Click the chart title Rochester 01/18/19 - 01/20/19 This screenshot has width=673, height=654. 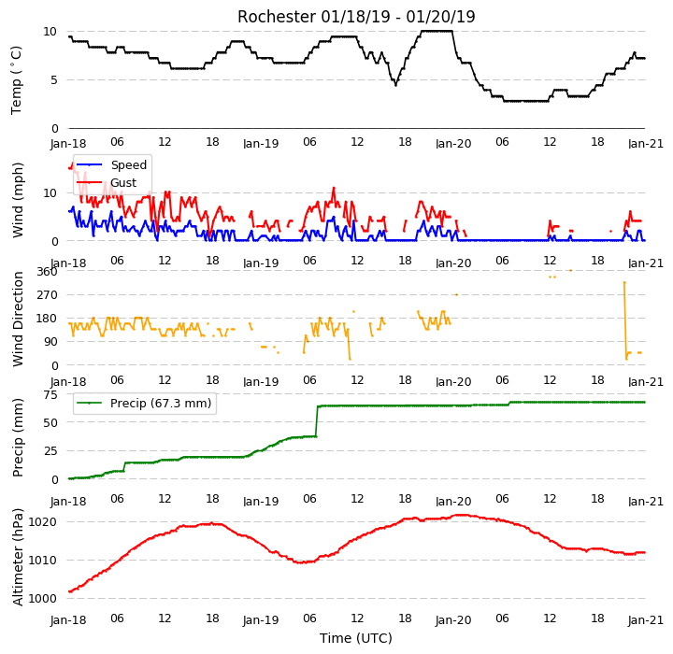356,17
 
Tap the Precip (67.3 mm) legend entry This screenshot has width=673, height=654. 144,404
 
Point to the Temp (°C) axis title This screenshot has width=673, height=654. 16,80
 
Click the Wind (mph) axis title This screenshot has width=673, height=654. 18,200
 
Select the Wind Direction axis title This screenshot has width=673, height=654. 18,319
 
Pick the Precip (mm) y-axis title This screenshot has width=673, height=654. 18,437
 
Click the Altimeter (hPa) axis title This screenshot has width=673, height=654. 18,557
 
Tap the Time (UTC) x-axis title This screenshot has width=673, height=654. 356,638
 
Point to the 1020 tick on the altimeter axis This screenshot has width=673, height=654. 42,522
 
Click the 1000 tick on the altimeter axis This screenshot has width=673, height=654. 42,598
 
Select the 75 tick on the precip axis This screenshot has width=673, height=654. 50,395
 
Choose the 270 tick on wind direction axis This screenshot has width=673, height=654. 48,295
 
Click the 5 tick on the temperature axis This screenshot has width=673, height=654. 53,79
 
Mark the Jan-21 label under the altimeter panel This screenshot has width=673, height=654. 646,620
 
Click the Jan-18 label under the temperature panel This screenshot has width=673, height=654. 68,143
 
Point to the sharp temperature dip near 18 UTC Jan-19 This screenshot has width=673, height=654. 395,85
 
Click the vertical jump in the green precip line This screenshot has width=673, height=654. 317,421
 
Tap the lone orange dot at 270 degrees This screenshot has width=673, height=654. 456,295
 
